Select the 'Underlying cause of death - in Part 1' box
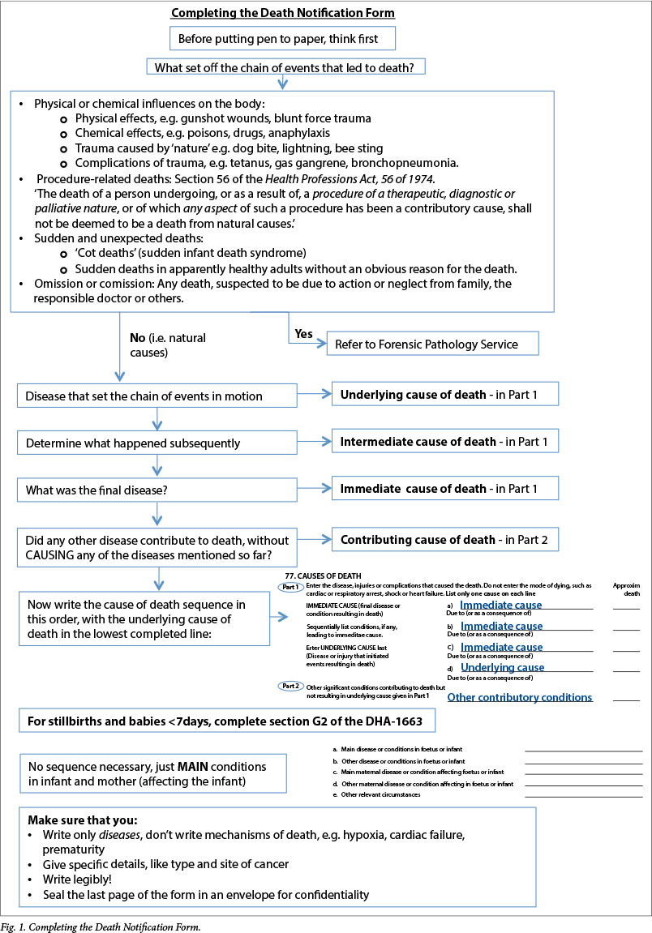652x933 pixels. tap(444, 396)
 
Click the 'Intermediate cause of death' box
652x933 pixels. tap(444, 442)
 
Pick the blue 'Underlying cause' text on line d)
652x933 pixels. tap(502, 667)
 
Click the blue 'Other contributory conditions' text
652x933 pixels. tap(519, 697)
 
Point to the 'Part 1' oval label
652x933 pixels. tap(291, 586)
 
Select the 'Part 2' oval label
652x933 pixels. tap(291, 686)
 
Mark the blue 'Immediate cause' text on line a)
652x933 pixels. tap(500, 605)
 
